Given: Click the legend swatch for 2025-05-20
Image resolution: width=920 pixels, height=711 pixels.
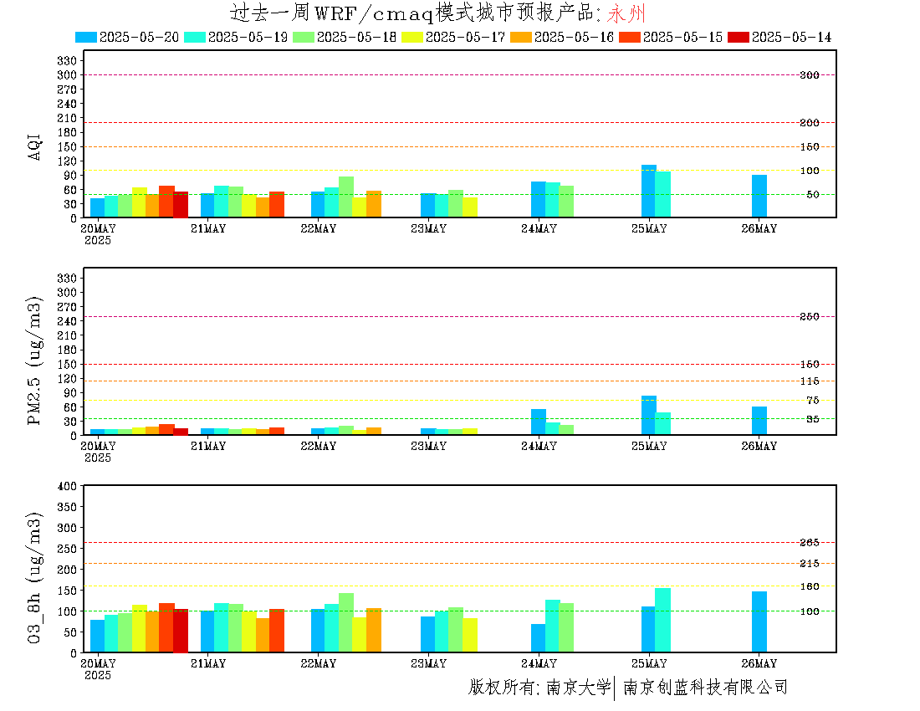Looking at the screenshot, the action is coord(86,37).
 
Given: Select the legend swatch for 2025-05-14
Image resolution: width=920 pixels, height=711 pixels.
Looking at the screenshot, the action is coord(739,37).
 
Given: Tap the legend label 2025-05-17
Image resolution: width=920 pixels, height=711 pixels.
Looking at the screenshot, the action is coord(465,37).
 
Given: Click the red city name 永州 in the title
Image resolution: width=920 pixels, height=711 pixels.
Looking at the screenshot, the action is coord(626,13).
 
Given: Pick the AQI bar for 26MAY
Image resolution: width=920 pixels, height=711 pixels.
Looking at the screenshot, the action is coord(759,196).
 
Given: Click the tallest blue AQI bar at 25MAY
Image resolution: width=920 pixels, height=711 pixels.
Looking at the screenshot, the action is coord(649,192).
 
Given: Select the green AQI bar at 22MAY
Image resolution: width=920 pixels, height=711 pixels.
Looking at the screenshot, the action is coord(346,197).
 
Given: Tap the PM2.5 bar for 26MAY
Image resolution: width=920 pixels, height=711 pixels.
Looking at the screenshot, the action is coord(759,421).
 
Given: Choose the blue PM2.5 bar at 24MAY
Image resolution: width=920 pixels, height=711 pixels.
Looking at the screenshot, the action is coord(539,422).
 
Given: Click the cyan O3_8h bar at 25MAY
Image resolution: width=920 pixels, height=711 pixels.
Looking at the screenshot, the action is coord(663,620).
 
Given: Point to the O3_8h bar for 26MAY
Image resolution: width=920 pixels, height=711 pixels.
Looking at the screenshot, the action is coord(759,621).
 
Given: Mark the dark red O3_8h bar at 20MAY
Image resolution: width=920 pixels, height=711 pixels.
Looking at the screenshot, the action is coord(181,631).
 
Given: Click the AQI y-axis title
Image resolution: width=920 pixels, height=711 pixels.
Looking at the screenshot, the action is coord(34,146).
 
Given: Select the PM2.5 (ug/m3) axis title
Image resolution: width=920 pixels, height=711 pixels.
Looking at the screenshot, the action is coord(34,361).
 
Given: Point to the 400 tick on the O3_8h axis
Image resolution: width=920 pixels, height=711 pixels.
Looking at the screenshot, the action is coord(67,486).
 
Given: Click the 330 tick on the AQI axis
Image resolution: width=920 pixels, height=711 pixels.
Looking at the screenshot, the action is coord(67,60).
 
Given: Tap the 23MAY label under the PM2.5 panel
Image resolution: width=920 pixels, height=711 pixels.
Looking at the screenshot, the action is coord(428,446).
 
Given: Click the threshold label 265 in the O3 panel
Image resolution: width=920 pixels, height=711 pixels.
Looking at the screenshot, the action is coord(810,543).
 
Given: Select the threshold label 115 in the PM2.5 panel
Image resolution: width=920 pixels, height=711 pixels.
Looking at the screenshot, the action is coord(810,381).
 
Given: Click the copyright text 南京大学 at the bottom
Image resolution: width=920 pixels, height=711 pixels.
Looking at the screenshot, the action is coord(579,687).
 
